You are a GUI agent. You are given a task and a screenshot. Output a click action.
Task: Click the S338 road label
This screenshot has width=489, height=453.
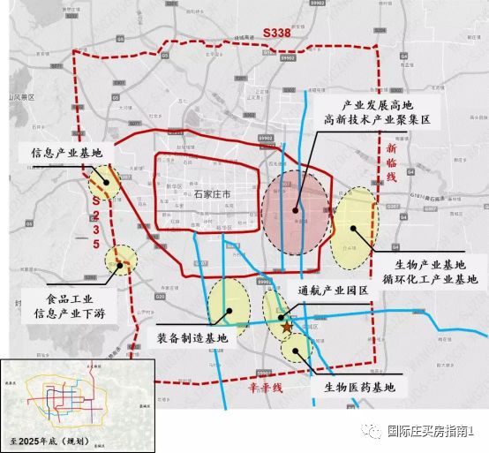280,33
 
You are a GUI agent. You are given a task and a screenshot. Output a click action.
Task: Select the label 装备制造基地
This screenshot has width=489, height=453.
192,337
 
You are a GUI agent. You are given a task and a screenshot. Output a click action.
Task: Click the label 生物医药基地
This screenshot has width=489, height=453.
353,387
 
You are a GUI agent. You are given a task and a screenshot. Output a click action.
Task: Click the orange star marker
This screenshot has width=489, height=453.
285,327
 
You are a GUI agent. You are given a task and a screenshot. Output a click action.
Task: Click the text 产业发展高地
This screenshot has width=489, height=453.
376,103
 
